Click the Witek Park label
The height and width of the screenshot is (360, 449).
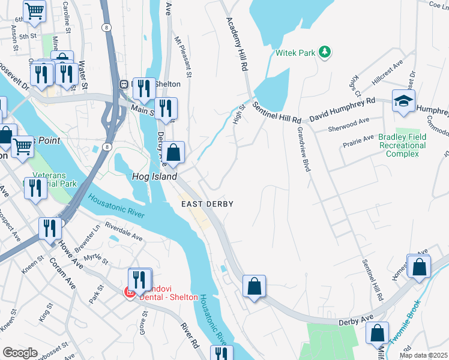click(x=295, y=53)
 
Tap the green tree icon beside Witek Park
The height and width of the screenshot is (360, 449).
click(x=325, y=52)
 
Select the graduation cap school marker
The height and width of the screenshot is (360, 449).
click(x=404, y=101)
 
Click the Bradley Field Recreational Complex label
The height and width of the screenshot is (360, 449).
click(x=402, y=145)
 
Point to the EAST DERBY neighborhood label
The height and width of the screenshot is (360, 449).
click(x=207, y=204)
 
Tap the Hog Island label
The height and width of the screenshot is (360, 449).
click(x=154, y=176)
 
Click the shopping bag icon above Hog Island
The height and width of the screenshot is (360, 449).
click(x=173, y=153)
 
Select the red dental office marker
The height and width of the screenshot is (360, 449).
click(x=128, y=292)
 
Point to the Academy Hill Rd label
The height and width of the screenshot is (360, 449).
click(x=237, y=44)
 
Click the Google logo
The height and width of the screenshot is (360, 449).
click(x=20, y=353)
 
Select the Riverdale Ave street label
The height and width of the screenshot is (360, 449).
click(x=123, y=233)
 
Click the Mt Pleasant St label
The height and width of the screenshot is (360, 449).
click(x=182, y=58)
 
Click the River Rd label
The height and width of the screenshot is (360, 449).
click(x=190, y=336)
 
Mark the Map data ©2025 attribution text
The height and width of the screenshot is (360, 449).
click(x=423, y=355)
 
